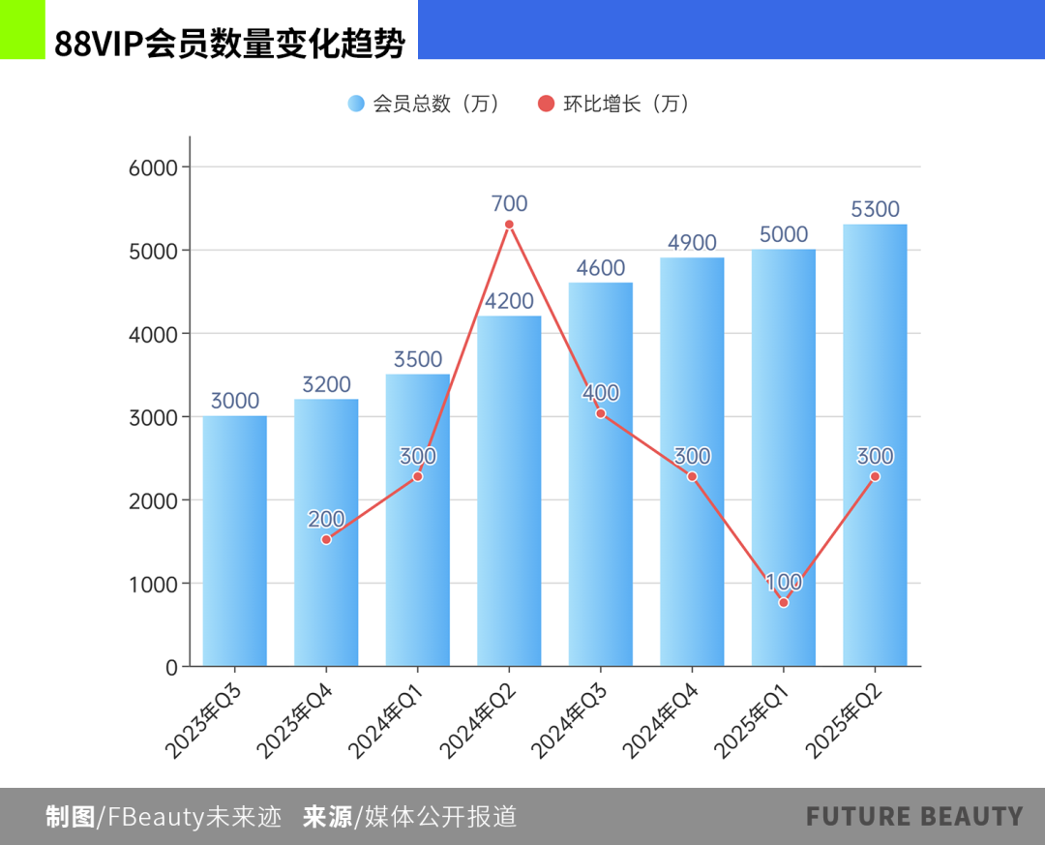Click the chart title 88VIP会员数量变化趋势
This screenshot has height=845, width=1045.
229,45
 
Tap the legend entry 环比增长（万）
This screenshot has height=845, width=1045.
614,104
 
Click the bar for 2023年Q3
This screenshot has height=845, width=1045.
234,542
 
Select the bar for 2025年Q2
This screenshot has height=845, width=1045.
875,445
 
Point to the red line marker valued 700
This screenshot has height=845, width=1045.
509,225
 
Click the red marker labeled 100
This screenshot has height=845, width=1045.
784,602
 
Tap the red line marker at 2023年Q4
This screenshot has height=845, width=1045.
326,539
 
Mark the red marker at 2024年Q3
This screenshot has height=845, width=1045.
601,413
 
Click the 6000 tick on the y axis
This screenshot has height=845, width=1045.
154,167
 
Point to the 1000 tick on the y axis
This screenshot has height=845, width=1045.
154,584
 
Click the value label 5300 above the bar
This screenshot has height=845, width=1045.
875,209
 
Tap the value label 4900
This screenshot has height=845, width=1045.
692,242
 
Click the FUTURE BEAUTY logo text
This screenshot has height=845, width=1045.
914,817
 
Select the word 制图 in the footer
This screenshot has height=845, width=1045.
70,817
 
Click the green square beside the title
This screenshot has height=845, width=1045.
22,29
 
